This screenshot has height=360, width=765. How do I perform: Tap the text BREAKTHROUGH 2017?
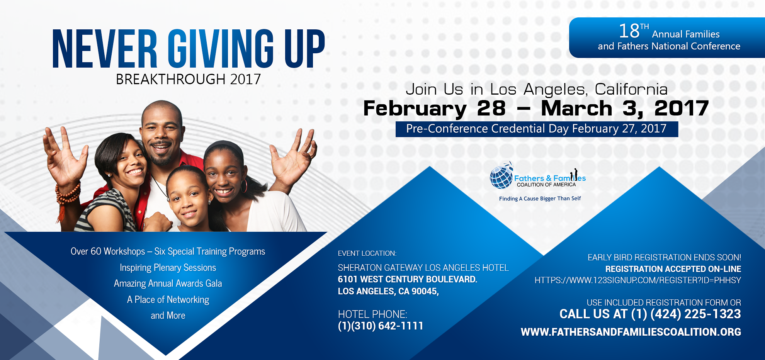[189, 79]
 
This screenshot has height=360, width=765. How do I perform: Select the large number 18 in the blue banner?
[629, 31]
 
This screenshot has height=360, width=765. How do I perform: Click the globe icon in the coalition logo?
[501, 176]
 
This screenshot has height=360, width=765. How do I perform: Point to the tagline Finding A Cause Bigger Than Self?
[540, 199]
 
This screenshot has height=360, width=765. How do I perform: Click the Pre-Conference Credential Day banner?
[537, 129]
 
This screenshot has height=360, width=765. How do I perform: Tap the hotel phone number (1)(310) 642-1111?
[381, 326]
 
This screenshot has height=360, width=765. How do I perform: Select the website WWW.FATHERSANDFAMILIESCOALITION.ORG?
[631, 332]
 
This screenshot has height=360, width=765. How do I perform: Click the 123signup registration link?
[637, 280]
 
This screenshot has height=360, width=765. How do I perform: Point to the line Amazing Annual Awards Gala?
[168, 284]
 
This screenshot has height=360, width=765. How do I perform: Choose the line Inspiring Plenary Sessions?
[168, 268]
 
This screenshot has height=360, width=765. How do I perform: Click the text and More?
[168, 316]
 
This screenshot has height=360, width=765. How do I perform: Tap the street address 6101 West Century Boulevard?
[408, 279]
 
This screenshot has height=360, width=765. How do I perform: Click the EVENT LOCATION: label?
[367, 253]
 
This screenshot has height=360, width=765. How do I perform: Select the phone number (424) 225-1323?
[695, 314]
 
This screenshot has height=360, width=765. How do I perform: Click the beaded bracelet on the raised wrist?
[68, 193]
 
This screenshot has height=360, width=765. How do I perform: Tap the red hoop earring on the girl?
[244, 186]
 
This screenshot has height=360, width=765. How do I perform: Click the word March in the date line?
[576, 108]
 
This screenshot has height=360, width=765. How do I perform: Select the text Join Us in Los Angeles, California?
[537, 90]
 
